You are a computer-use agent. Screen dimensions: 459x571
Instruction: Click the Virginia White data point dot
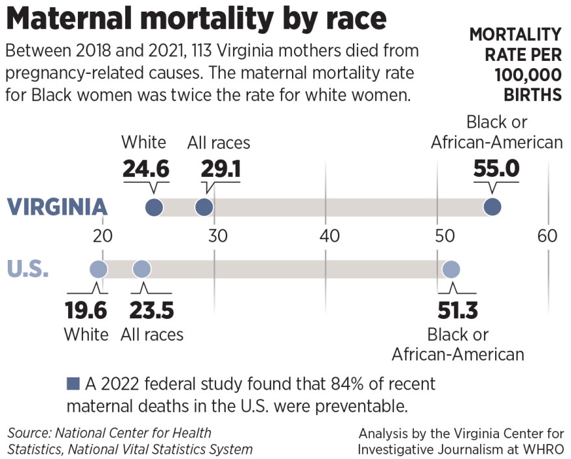click(x=154, y=207)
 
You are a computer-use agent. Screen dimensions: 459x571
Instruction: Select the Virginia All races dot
click(x=204, y=207)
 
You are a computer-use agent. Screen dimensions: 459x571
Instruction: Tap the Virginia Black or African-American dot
click(x=492, y=207)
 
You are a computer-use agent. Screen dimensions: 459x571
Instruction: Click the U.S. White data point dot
click(x=98, y=269)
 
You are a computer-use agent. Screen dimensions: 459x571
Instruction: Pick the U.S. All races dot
click(x=141, y=269)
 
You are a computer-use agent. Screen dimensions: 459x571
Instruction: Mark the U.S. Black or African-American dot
click(x=450, y=269)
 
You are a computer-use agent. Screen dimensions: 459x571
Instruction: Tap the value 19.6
click(x=86, y=311)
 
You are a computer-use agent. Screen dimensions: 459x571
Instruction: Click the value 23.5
click(x=151, y=311)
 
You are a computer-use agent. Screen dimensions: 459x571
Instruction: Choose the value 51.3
click(x=456, y=311)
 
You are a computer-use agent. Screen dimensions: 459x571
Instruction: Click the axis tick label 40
click(x=330, y=236)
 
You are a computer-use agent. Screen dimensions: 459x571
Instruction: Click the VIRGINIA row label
click(x=56, y=207)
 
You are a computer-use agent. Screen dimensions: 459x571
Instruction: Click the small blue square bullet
click(x=73, y=384)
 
